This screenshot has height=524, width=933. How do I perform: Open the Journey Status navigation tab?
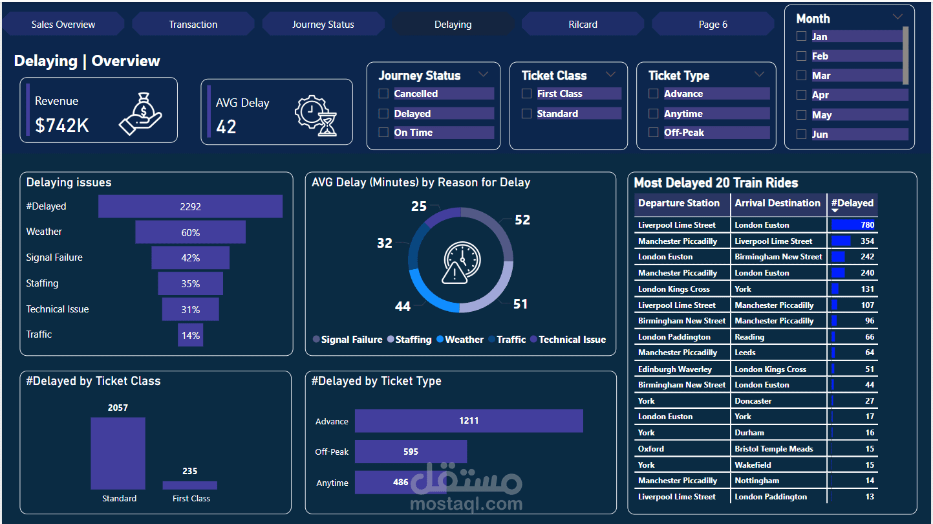pos(323,25)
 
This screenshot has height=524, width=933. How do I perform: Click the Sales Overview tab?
pos(63,25)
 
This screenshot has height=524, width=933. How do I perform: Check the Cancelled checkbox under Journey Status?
pos(384,94)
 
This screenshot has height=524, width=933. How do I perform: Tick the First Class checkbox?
pos(527,94)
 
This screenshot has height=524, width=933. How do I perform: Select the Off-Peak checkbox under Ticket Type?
pos(654,133)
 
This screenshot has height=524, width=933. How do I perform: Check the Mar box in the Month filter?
pos(802,76)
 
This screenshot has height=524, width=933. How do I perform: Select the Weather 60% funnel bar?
pos(190,232)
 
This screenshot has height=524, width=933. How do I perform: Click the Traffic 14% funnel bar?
pos(190,335)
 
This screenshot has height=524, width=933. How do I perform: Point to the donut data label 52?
pos(522,220)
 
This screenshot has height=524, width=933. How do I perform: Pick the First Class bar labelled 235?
pos(189,485)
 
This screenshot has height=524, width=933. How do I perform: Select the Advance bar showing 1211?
pos(469,420)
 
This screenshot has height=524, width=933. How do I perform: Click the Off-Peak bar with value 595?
pos(411,452)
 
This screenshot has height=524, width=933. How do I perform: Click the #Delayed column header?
pos(852,203)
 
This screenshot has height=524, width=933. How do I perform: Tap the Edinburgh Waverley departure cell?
pos(674,369)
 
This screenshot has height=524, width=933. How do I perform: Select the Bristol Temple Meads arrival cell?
pos(773,449)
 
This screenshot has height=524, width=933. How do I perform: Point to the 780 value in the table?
pos(867,225)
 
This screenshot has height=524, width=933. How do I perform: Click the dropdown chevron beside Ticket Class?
pos(610,75)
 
